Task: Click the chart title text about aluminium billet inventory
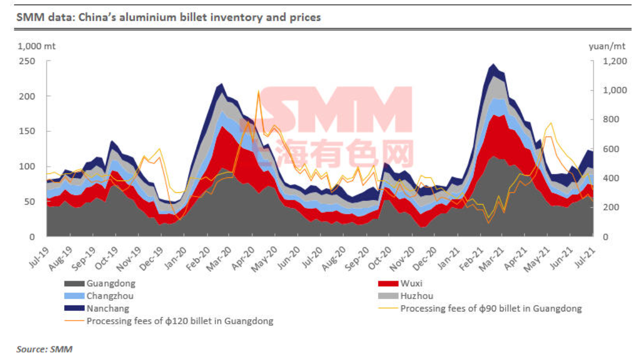point(169,17)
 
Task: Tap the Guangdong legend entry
point(100,284)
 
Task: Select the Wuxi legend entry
point(400,284)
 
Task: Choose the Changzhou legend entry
point(99,296)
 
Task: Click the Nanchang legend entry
point(97,309)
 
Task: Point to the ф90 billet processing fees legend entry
point(480,309)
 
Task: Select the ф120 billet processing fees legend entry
point(169,322)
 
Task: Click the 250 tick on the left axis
point(27,61)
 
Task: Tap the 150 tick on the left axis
point(27,131)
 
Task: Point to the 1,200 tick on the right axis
point(615,61)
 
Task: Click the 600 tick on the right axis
point(611,149)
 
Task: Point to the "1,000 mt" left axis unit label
point(37,46)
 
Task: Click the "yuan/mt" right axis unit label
point(607,46)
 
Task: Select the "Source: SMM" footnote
point(44,349)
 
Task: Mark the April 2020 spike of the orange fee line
point(258,91)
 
